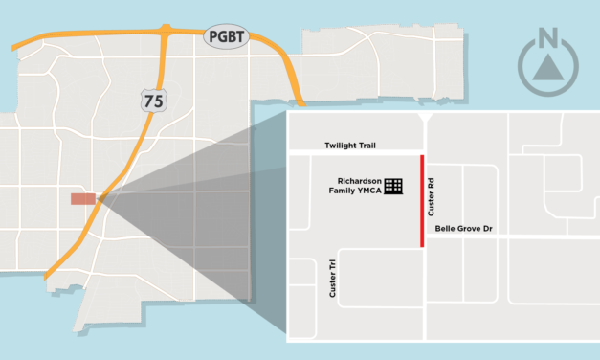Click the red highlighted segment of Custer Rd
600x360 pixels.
point(423,199)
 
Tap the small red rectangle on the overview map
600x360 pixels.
point(83,199)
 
